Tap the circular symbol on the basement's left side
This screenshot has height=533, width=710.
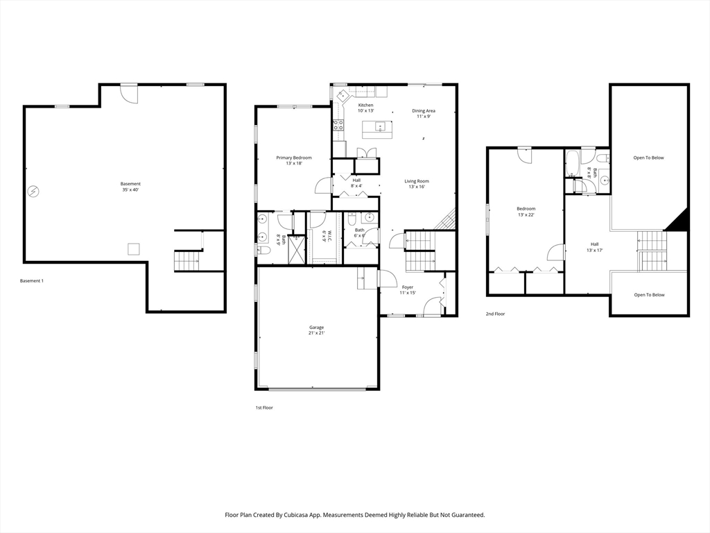[x=33, y=192]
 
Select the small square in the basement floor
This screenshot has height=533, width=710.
[x=133, y=249]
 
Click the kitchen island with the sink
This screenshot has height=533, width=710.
[x=376, y=130]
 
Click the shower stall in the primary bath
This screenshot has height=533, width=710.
[x=297, y=249]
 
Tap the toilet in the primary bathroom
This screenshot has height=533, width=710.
[x=265, y=250]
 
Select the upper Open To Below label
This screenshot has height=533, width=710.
[x=648, y=158]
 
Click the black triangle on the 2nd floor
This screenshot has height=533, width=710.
[x=679, y=221]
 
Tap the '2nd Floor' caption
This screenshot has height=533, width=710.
[x=495, y=314]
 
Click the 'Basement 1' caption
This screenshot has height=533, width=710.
[x=32, y=281]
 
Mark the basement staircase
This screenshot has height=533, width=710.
[x=187, y=260]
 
